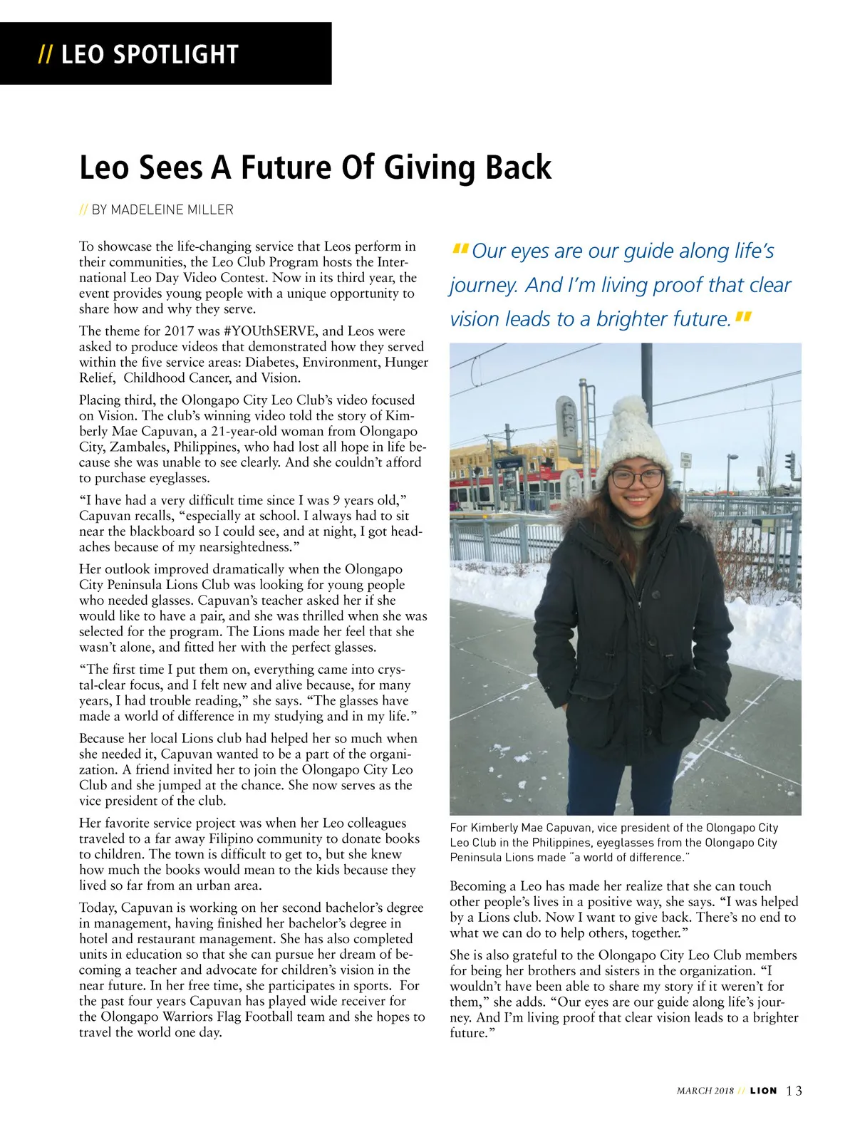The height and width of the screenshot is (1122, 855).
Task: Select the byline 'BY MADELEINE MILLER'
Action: pos(162,210)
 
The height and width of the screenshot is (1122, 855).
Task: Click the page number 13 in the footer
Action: pos(794,1091)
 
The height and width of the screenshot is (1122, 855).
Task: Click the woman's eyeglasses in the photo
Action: pos(636,477)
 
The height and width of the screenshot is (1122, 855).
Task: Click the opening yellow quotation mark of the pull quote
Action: pos(460,249)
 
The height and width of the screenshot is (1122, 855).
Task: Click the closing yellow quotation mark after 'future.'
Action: pos(742,316)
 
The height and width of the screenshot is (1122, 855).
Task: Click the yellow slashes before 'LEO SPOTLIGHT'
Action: pos(45,55)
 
